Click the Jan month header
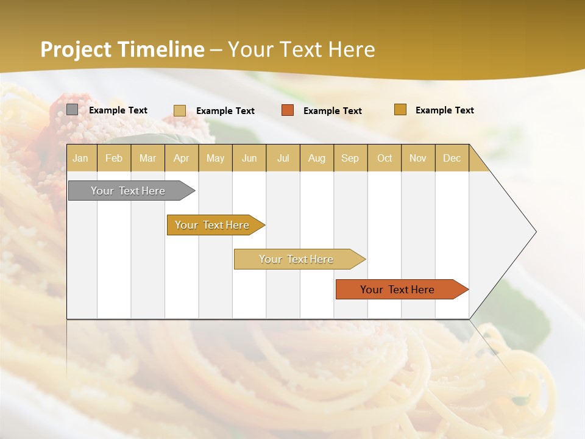click(x=80, y=158)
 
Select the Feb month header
click(x=114, y=158)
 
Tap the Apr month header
click(x=182, y=158)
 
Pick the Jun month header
click(x=249, y=158)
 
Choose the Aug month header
click(x=317, y=158)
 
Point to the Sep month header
click(x=350, y=158)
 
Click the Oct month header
click(x=385, y=158)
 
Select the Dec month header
click(x=452, y=158)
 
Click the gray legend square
click(x=72, y=110)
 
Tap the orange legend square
click(x=288, y=110)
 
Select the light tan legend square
click(x=180, y=110)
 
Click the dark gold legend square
click(x=400, y=110)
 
